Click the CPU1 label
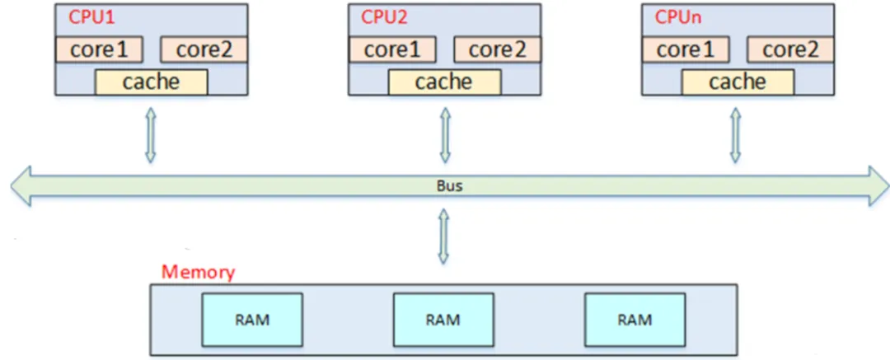(87, 16)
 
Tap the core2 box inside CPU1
(204, 49)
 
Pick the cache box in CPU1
(151, 82)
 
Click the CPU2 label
(385, 16)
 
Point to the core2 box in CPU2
(497, 49)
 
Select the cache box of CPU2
(443, 82)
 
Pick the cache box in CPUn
(738, 82)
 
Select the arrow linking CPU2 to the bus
(445, 136)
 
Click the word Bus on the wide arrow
(449, 185)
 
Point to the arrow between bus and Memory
(443, 236)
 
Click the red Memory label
(198, 272)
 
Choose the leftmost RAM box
(252, 320)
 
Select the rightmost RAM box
(635, 320)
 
